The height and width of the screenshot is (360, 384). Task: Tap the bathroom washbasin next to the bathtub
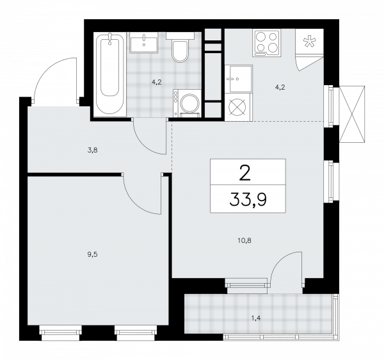point(146,44)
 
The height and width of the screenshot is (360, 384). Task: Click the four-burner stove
point(267,43)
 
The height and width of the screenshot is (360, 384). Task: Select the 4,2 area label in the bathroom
point(156,81)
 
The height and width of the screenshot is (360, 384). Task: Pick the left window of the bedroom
point(58,331)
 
